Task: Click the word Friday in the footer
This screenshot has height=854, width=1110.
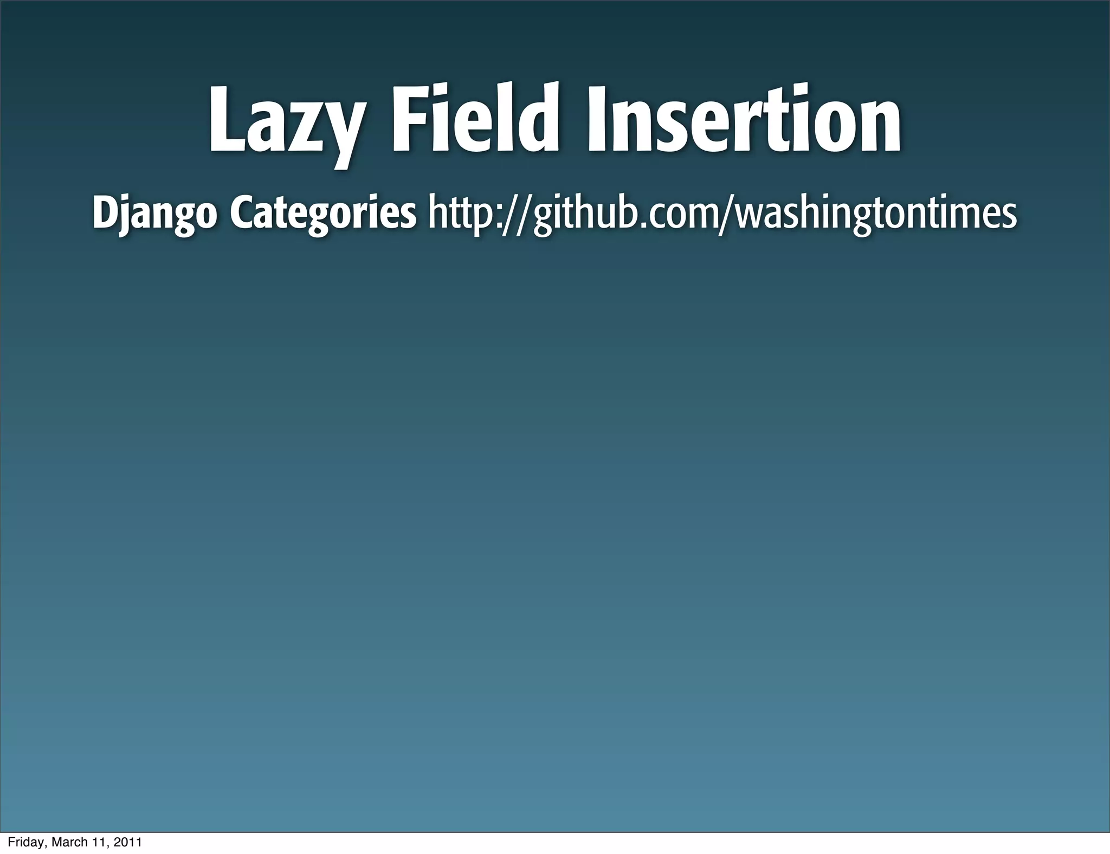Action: point(24,842)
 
